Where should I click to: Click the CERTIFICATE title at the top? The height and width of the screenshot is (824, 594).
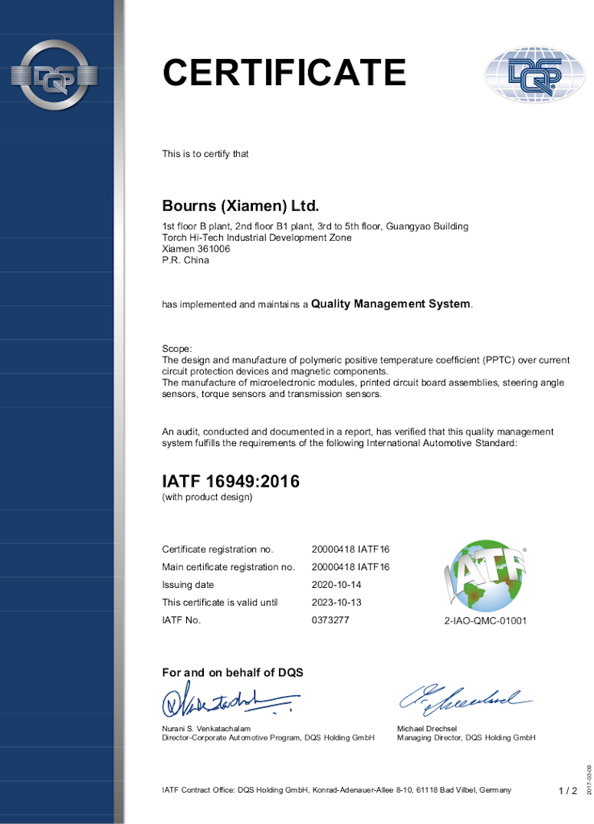[x=284, y=72]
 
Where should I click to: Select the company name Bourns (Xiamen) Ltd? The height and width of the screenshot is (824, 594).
[x=240, y=206]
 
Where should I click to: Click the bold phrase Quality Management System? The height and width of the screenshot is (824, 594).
[x=391, y=304]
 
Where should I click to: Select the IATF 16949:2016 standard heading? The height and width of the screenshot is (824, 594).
[x=231, y=481]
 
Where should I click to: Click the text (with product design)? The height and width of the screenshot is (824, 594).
[x=207, y=497]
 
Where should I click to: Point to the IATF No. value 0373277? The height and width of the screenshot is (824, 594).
[x=330, y=620]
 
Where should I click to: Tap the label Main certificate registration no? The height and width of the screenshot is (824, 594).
[x=228, y=567]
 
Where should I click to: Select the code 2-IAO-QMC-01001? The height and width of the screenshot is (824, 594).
[x=486, y=621]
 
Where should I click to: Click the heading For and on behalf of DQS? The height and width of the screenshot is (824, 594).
[x=233, y=673]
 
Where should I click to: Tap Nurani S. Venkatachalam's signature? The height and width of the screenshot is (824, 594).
[x=226, y=701]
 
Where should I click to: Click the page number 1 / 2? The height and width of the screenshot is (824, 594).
[x=568, y=791]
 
